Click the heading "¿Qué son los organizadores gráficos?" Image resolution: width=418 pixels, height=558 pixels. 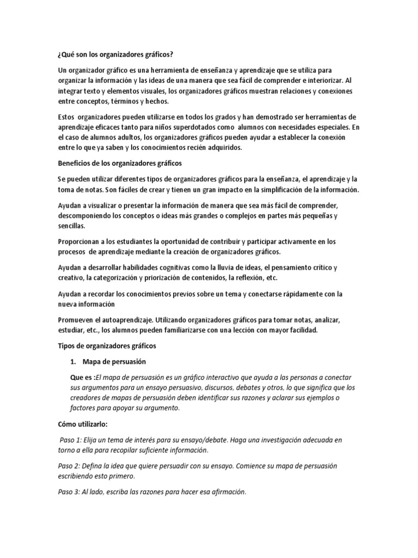(x=118, y=55)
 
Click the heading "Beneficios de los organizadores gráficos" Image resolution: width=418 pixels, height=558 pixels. (x=120, y=163)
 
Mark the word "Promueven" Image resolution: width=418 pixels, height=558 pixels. (x=76, y=320)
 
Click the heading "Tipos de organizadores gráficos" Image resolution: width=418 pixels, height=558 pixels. (x=107, y=345)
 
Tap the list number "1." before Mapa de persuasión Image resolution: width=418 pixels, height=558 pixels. (x=73, y=362)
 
